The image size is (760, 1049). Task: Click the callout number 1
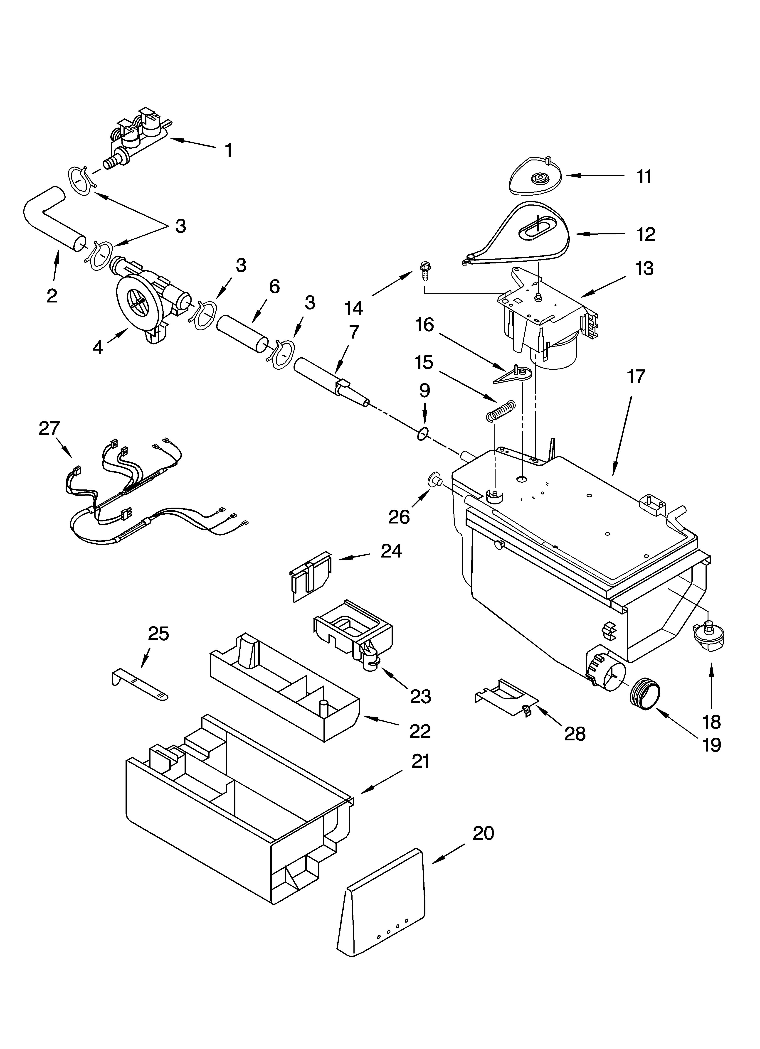(228, 150)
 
